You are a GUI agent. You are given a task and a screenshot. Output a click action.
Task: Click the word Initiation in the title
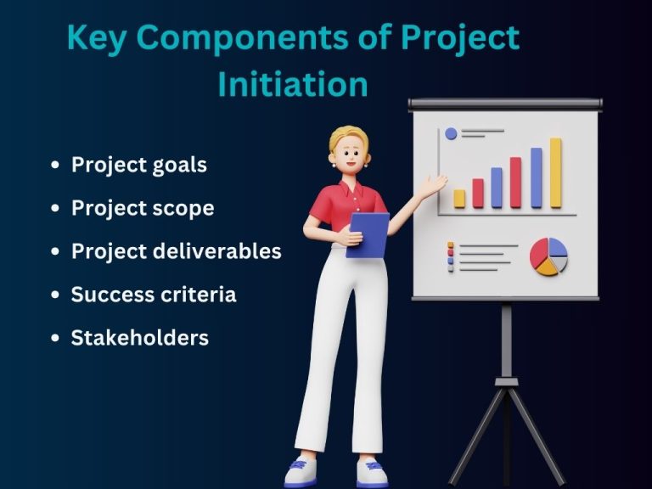pyautogui.click(x=293, y=84)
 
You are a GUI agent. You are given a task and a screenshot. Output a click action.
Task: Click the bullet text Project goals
pyautogui.click(x=138, y=165)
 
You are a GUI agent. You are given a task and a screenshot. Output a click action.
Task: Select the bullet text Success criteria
pyautogui.click(x=153, y=295)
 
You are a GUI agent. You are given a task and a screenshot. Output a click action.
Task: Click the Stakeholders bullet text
pyautogui.click(x=139, y=338)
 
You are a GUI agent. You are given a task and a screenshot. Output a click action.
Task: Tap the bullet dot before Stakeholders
pyautogui.click(x=55, y=339)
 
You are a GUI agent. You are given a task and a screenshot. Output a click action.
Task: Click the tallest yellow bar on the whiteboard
pyautogui.click(x=555, y=173)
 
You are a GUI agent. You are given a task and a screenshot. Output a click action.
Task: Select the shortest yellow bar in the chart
pyautogui.click(x=459, y=199)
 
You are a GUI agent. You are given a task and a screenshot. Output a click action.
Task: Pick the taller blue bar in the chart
pyautogui.click(x=536, y=177)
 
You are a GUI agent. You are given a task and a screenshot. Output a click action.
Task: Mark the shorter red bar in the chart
pyautogui.click(x=478, y=194)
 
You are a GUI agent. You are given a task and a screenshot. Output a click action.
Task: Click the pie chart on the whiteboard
pyautogui.click(x=548, y=256)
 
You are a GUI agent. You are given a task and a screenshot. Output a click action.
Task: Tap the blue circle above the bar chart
pyautogui.click(x=451, y=133)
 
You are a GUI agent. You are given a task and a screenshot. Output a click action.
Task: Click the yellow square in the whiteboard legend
pyautogui.click(x=451, y=245)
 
